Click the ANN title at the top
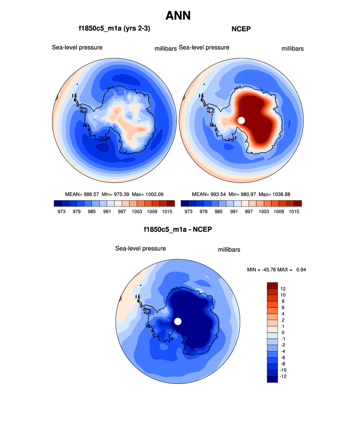pyautogui.click(x=178, y=16)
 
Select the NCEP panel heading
pyautogui.click(x=241, y=29)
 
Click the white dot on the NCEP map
pyautogui.click(x=241, y=120)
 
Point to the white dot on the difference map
pyautogui.click(x=178, y=321)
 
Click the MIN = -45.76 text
pyautogui.click(x=265, y=269)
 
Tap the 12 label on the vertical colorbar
pyautogui.click(x=282, y=288)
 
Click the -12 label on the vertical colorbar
pyautogui.click(x=283, y=376)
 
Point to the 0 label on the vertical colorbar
pyautogui.click(x=282, y=332)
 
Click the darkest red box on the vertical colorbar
pyautogui.click(x=273, y=286)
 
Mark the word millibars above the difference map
pyautogui.click(x=229, y=250)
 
